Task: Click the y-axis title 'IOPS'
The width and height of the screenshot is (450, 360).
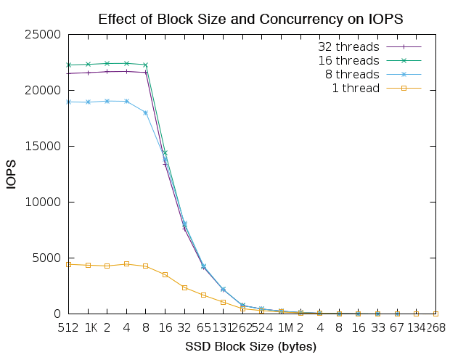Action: click(x=12, y=174)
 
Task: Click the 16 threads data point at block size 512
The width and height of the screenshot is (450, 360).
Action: click(x=68, y=65)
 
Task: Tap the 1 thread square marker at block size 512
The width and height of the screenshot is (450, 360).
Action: click(x=68, y=264)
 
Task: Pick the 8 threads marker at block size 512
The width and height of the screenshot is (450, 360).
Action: click(x=68, y=102)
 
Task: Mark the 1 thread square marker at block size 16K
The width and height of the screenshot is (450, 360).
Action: click(x=165, y=274)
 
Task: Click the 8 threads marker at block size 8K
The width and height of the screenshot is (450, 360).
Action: click(x=146, y=112)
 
